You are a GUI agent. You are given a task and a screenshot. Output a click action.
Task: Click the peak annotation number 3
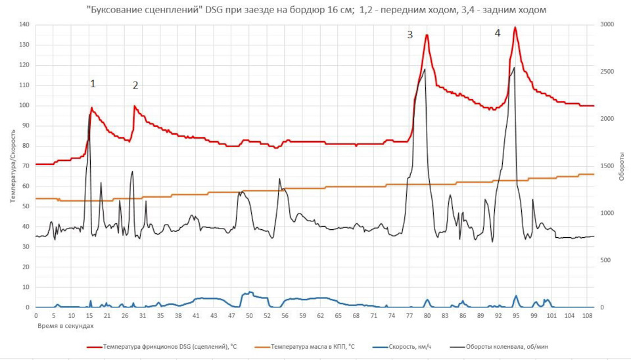click(409, 35)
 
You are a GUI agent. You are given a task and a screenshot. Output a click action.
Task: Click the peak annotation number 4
click(497, 33)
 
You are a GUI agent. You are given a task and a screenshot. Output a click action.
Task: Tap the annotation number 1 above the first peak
click(93, 83)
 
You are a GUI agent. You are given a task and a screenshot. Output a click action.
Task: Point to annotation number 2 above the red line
click(135, 85)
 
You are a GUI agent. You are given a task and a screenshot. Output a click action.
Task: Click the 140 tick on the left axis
click(25, 24)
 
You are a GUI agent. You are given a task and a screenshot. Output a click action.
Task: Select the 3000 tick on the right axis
click(608, 24)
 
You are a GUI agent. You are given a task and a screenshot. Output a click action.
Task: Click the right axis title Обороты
click(621, 165)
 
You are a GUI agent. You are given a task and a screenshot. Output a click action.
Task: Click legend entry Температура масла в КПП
click(312, 346)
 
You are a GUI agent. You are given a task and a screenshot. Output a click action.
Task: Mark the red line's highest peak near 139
click(515, 28)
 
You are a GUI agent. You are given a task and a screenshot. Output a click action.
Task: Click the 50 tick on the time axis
click(249, 316)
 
